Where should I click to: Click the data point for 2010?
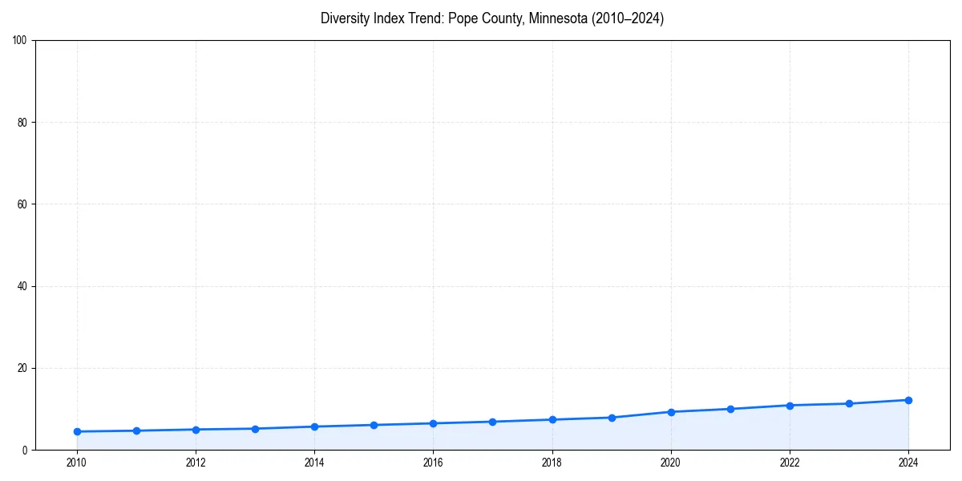77,431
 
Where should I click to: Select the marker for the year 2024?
908,400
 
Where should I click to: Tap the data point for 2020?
671,412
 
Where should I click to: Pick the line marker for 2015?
374,425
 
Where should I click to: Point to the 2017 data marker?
492,422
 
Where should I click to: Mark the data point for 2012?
196,430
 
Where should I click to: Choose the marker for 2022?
790,406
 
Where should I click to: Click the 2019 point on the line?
612,418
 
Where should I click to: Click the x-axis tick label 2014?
314,463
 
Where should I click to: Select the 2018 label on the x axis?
552,463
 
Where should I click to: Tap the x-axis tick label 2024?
908,463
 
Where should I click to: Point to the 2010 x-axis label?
77,463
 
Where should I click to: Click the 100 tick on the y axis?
20,41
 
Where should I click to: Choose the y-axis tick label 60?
22,204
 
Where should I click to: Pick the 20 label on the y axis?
22,368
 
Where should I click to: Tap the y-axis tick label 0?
25,450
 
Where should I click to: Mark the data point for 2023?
849,403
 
